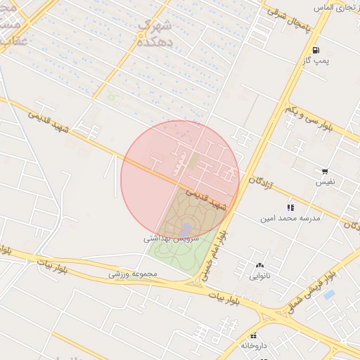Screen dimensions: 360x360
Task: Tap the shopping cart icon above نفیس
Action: pyautogui.click(x=325, y=172)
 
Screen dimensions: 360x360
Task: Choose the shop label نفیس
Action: pyautogui.click(x=325, y=182)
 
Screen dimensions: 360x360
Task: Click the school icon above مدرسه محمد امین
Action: pyautogui.click(x=290, y=208)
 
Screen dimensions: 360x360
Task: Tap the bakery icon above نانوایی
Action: pyautogui.click(x=259, y=266)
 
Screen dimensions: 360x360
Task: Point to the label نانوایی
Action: pyautogui.click(x=259, y=276)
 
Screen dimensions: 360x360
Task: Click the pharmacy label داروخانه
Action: pyautogui.click(x=254, y=346)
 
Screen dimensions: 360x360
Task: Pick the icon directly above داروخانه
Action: pyautogui.click(x=254, y=335)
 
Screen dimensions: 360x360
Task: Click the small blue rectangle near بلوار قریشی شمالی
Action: pyautogui.click(x=329, y=295)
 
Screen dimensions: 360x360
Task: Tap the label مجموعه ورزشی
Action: pyautogui.click(x=131, y=274)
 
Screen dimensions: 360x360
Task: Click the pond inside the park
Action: pyautogui.click(x=185, y=230)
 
